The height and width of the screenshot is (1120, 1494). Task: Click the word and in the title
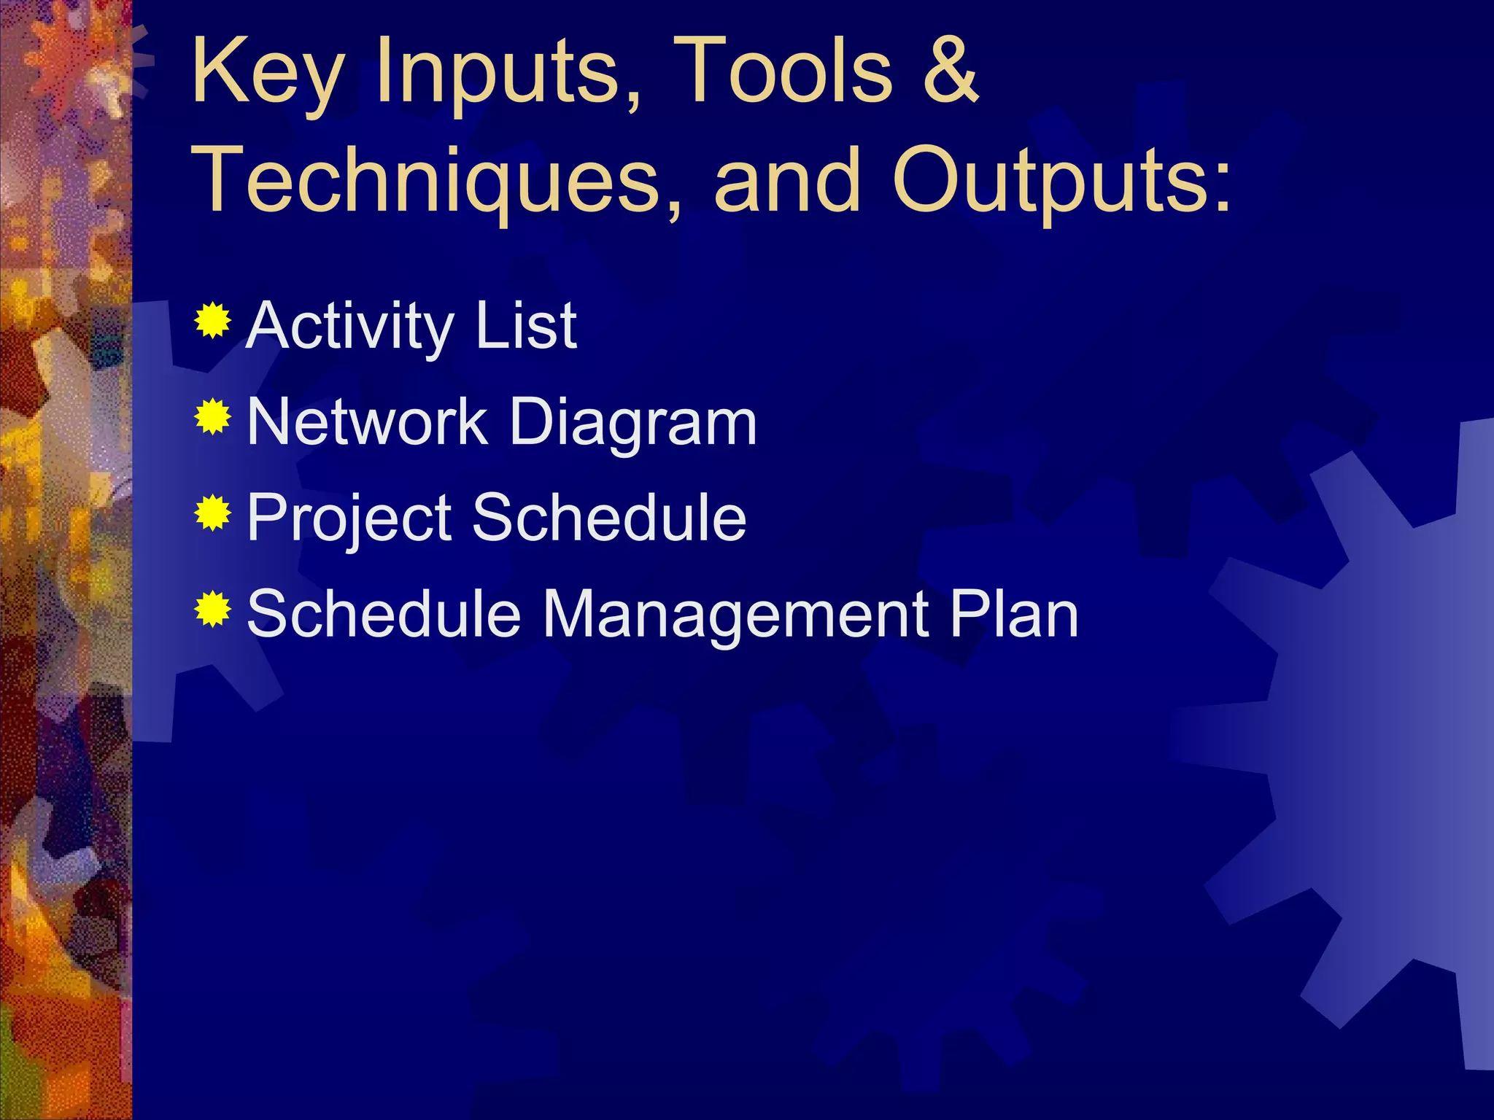pos(787,179)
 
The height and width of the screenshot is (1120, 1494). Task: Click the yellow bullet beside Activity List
pos(213,320)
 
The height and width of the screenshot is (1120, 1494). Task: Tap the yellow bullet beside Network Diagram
pos(213,417)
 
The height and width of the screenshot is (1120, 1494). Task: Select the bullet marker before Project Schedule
pos(213,513)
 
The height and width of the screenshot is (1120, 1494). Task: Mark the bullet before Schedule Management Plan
pos(213,610)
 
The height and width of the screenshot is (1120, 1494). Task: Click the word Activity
pos(350,327)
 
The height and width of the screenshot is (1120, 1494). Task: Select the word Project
pos(349,519)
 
